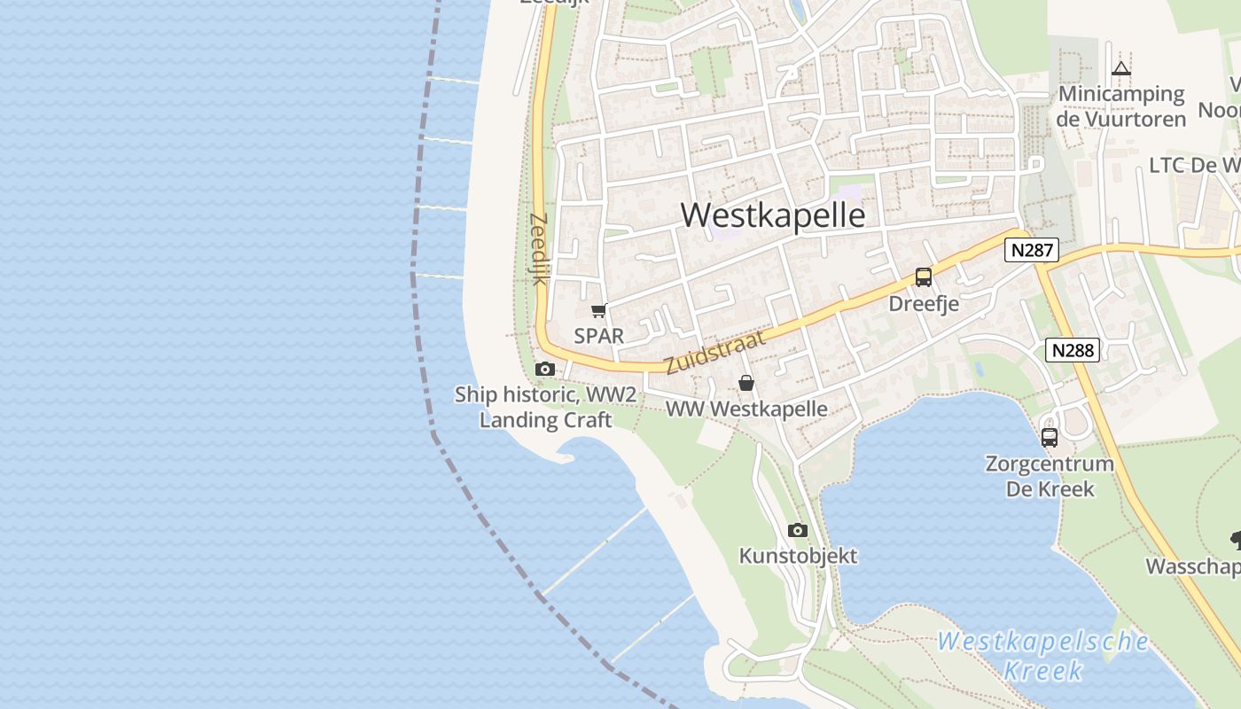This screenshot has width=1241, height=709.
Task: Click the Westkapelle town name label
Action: click(773, 214)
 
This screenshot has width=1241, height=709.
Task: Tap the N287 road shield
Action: click(1033, 250)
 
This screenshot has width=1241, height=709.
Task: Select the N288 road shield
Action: click(1073, 350)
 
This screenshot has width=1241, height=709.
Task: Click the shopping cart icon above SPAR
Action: click(598, 311)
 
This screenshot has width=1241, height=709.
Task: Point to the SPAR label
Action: click(599, 336)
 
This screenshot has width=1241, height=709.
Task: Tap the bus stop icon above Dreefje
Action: click(924, 277)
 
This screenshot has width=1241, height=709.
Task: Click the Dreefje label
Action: click(924, 304)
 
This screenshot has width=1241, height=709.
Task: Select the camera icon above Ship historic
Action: click(545, 369)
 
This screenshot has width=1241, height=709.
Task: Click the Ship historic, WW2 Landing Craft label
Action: click(545, 407)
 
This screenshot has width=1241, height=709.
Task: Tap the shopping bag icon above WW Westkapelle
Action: click(746, 383)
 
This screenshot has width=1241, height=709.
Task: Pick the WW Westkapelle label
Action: click(746, 409)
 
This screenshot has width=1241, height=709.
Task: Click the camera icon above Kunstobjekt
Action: click(798, 530)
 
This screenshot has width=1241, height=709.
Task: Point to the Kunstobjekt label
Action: click(798, 556)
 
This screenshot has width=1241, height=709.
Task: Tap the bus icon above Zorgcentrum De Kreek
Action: click(1050, 437)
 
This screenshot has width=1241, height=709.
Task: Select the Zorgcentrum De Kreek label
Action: click(1050, 476)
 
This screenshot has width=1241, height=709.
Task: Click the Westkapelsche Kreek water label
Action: click(1043, 655)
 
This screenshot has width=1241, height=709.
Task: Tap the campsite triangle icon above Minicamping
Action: click(1121, 68)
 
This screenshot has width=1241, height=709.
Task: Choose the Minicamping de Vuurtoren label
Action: click(1121, 106)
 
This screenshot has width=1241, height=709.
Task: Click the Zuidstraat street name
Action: click(714, 352)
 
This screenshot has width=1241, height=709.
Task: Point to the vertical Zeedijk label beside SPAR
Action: click(538, 249)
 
